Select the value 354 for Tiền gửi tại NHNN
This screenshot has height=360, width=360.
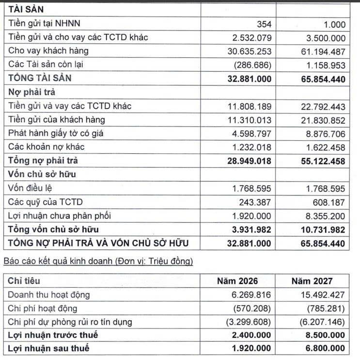(263, 24)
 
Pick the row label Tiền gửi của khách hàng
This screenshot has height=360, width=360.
(56, 119)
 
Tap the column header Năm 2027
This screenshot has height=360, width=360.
(312, 281)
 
